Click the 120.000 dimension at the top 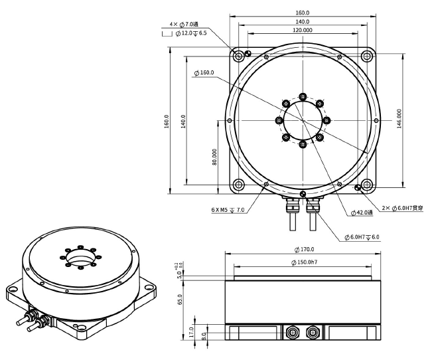302,31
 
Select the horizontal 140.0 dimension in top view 302,21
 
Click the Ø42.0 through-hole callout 361,213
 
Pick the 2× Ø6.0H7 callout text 403,208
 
